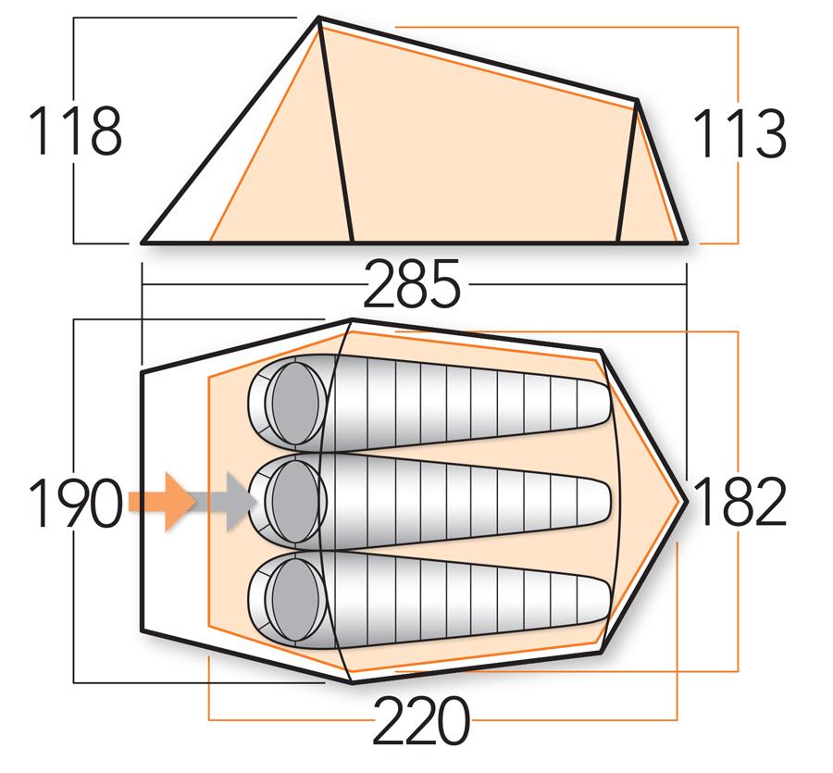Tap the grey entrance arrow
tap(227, 501)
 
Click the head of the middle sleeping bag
tap(294, 501)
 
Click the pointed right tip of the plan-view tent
tap(686, 500)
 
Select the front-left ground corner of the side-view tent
tap(143, 243)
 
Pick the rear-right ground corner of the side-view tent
tap(686, 243)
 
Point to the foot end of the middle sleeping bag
tap(597, 501)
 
